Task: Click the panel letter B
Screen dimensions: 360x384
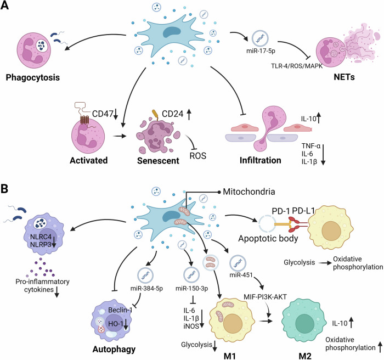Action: (7, 188)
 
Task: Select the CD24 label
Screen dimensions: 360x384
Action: (164, 130)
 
